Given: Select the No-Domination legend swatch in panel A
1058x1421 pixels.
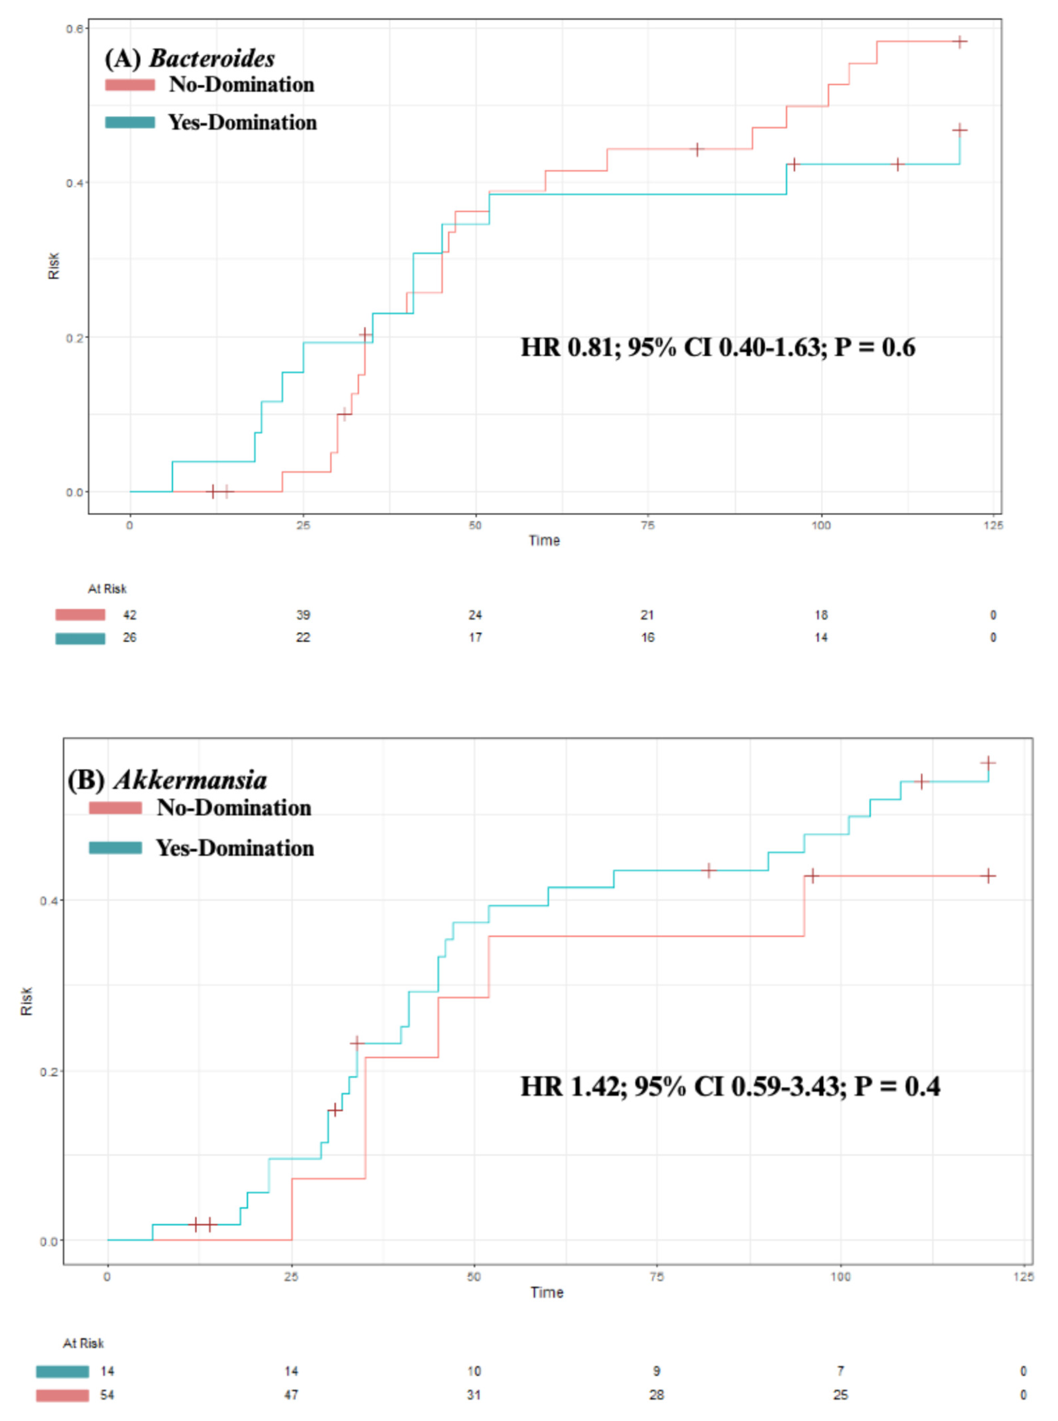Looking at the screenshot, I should pyautogui.click(x=130, y=85).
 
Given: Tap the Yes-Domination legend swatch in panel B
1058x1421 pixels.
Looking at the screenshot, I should pyautogui.click(x=115, y=848).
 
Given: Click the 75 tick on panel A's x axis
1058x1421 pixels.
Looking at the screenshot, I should pyautogui.click(x=647, y=525).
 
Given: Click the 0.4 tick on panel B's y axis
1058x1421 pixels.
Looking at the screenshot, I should pyautogui.click(x=49, y=901).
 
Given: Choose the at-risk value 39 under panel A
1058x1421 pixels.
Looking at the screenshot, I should pyautogui.click(x=303, y=615).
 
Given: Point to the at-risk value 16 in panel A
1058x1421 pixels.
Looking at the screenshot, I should pyautogui.click(x=647, y=638).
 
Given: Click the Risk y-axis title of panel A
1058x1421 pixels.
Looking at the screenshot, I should pyautogui.click(x=54, y=266).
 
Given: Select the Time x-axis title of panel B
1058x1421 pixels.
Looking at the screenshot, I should pyautogui.click(x=546, y=1292).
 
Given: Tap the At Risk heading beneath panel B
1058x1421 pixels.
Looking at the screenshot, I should pyautogui.click(x=83, y=1343).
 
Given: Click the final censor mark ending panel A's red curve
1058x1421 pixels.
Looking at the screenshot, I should pyautogui.click(x=959, y=41).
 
